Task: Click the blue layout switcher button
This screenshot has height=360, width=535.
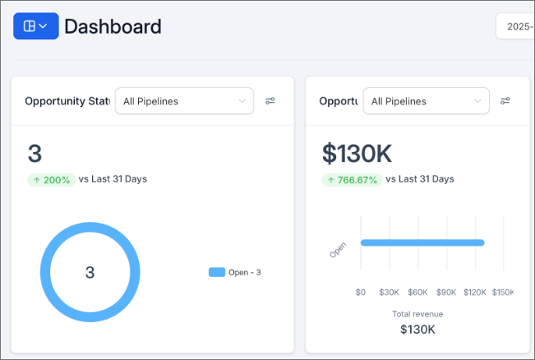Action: coord(35,26)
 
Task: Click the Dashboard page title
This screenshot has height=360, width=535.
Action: coord(113,26)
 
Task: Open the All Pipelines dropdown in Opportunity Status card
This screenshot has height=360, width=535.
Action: coord(184,101)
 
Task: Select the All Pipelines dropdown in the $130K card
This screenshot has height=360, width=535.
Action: coord(426,101)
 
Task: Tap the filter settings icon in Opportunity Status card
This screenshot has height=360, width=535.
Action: coord(270,101)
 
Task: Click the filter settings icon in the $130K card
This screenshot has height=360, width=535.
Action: coord(505,101)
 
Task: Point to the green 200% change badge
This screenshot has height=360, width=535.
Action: coord(51,179)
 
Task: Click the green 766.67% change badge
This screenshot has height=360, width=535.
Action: coord(351,179)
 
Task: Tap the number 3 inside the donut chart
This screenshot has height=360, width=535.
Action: coord(90,273)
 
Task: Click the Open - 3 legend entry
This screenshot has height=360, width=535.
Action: coord(235,272)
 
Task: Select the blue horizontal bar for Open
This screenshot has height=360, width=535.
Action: coord(422,242)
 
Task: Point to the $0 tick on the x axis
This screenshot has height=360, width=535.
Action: coord(361,292)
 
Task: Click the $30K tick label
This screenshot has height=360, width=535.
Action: coord(389,292)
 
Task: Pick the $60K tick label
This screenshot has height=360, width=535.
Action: coord(417,292)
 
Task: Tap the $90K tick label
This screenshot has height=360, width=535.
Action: coord(446,292)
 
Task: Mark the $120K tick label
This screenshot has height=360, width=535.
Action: coord(475,292)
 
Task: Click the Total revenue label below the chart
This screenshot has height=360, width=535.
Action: coord(417,314)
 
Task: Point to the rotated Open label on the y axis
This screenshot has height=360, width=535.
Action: coord(338,250)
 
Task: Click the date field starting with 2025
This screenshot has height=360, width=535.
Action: coord(517,26)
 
